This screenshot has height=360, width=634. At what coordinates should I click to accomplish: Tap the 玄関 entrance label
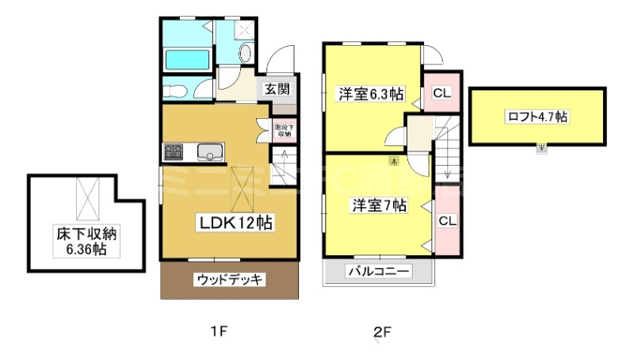point(277,89)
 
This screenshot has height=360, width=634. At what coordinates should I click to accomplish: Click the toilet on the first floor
point(175,89)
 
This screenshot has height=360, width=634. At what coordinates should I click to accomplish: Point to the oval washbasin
point(245,54)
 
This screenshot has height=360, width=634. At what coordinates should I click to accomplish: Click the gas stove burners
point(173,151)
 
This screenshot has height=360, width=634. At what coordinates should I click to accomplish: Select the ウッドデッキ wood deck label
point(230,279)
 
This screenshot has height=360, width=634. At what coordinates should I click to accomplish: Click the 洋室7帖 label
point(380,205)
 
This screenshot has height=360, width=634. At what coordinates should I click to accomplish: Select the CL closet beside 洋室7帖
point(447,220)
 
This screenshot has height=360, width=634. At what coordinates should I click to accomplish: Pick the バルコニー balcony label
point(378,272)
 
